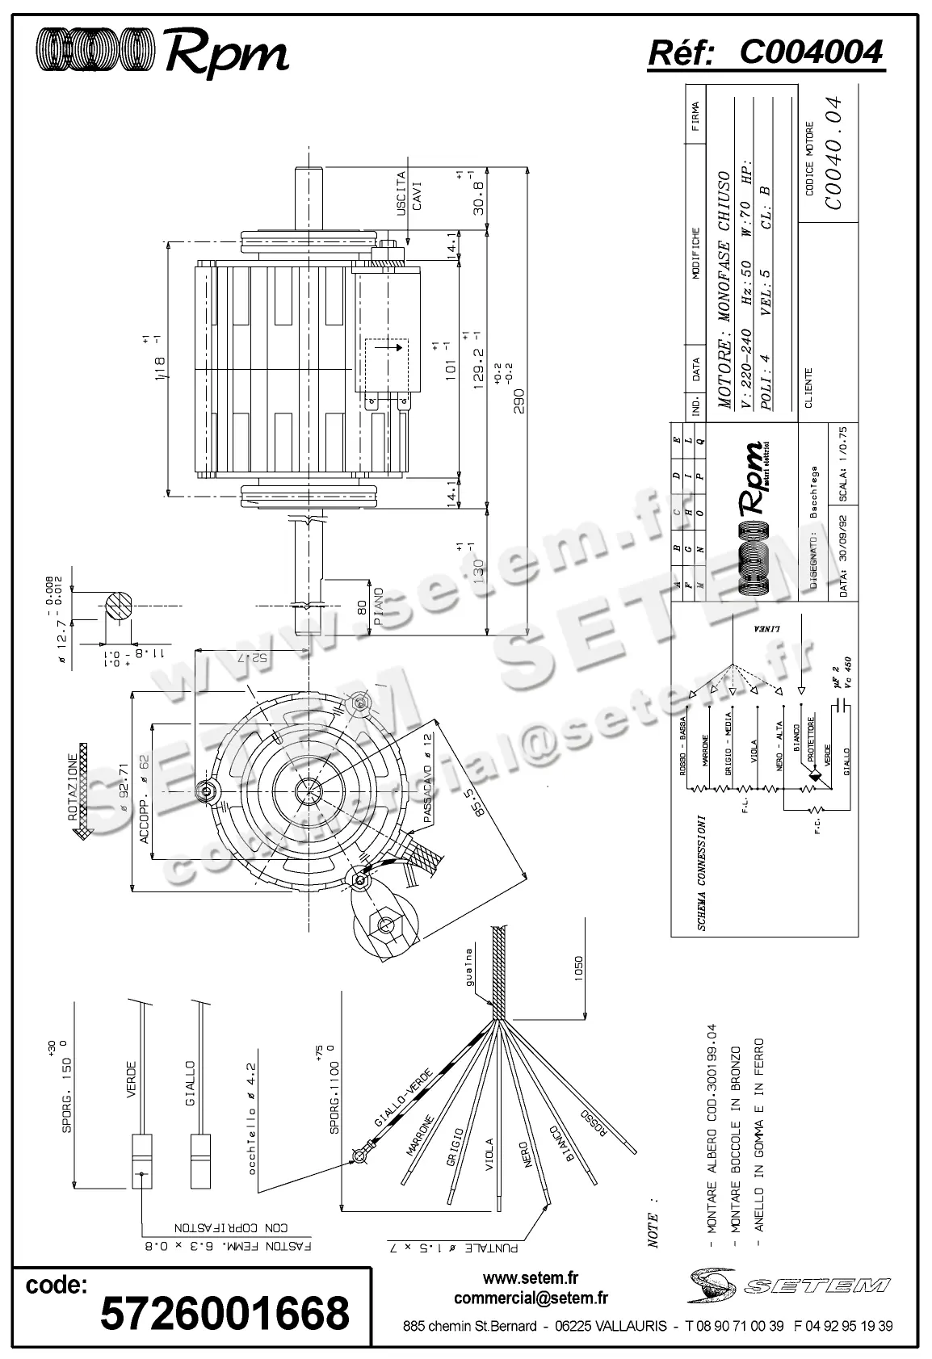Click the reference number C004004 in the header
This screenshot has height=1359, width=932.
(x=811, y=52)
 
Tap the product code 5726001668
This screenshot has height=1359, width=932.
(x=225, y=1314)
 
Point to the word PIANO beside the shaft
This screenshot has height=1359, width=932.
(x=380, y=607)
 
